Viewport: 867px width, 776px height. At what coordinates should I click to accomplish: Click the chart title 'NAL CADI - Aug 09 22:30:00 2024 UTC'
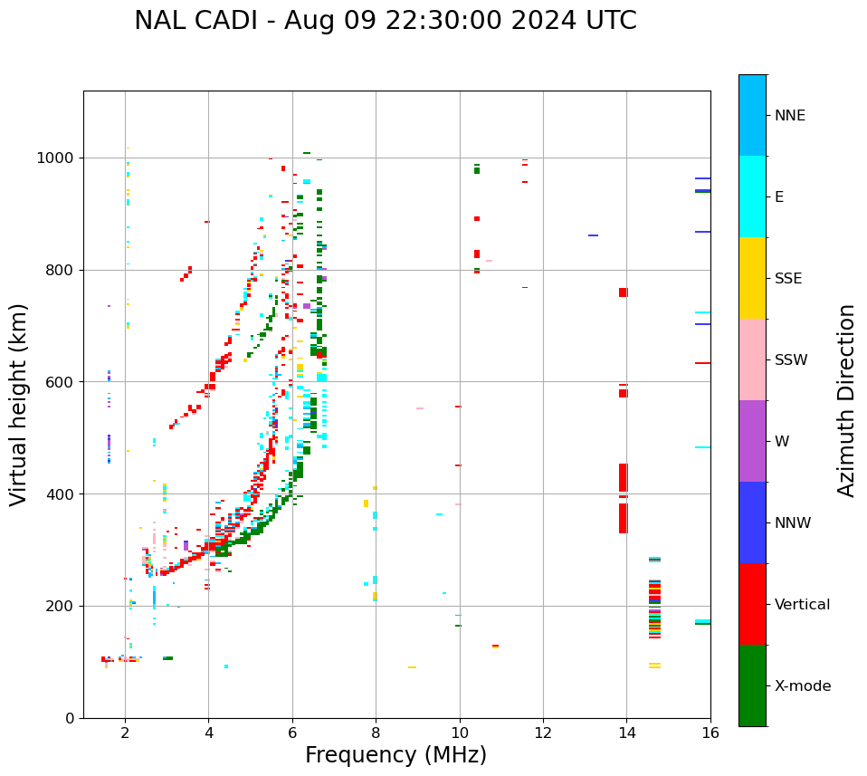click(x=386, y=21)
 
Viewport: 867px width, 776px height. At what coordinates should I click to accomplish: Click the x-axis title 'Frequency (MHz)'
click(x=395, y=755)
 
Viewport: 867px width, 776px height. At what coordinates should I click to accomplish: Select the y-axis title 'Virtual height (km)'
click(x=19, y=405)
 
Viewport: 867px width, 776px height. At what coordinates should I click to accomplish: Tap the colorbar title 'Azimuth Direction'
click(x=846, y=400)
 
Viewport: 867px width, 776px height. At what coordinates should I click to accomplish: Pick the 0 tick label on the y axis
click(x=69, y=718)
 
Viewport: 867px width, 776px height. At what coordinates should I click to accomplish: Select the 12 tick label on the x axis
click(x=543, y=734)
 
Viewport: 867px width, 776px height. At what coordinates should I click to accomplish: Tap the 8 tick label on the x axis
click(x=376, y=734)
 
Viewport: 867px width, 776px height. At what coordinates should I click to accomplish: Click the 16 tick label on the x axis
click(x=710, y=734)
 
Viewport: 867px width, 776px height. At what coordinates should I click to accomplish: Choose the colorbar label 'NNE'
click(x=789, y=116)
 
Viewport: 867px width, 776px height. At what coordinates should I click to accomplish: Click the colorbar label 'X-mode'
click(x=803, y=686)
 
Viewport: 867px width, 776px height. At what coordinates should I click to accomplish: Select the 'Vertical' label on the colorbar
click(x=802, y=605)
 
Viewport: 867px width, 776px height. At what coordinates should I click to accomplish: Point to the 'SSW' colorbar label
click(x=791, y=360)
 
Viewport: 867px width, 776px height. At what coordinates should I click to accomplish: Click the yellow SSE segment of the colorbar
click(x=752, y=278)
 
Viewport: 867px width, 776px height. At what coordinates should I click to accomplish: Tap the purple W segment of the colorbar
click(x=752, y=441)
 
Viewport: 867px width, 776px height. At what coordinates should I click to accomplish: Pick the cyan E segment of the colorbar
click(x=752, y=196)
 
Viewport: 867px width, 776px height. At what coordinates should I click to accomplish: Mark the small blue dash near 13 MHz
click(x=593, y=235)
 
